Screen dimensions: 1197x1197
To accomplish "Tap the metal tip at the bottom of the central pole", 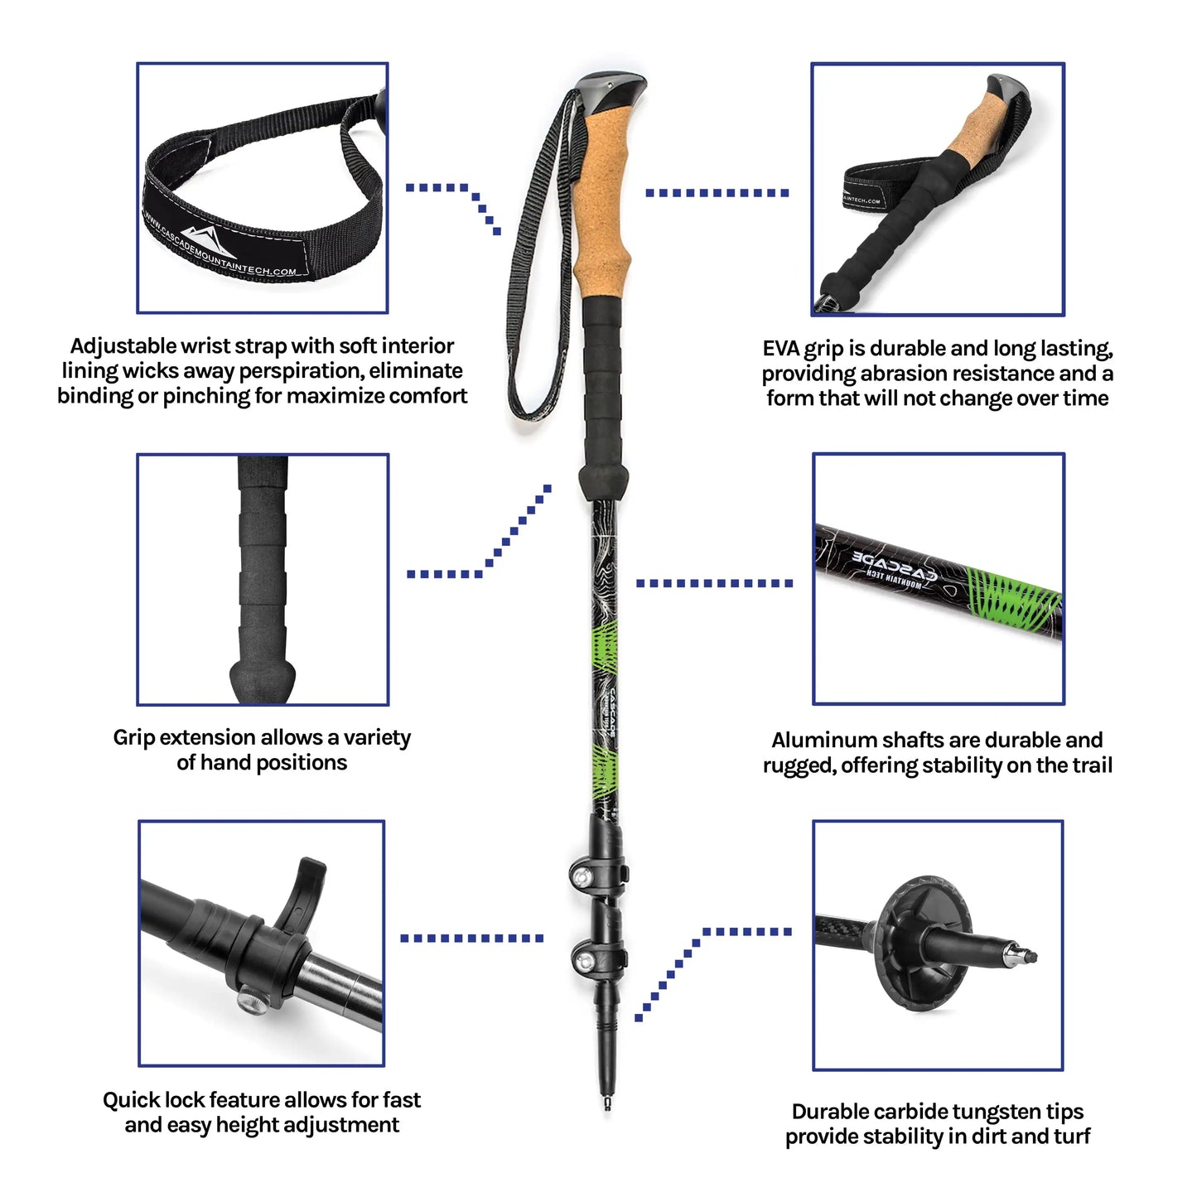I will click(x=607, y=1104).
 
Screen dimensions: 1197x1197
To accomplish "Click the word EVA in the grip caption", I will click(x=780, y=349).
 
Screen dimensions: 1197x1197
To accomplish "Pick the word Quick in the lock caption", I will click(x=131, y=1100).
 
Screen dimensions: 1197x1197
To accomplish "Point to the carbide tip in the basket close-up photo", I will click(x=1024, y=954).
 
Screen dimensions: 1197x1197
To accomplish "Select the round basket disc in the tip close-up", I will click(x=919, y=944).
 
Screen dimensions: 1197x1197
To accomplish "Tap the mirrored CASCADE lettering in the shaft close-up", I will click(x=895, y=562).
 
